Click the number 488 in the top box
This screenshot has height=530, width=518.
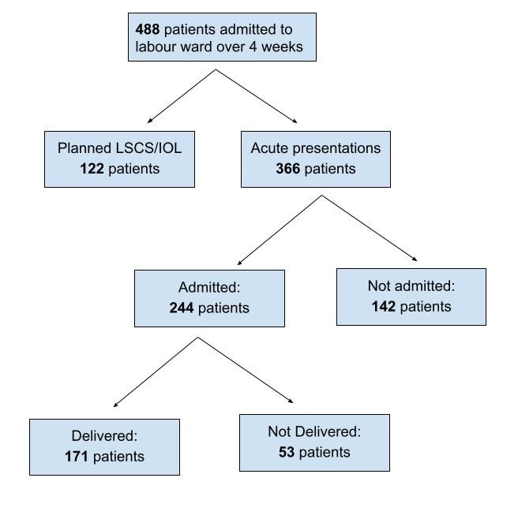tap(148, 29)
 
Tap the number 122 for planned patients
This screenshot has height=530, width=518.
tap(92, 169)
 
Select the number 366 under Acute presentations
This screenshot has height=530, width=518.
tap(288, 169)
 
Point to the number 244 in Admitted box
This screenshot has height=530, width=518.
tap(182, 308)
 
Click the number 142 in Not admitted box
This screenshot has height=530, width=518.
tap(384, 307)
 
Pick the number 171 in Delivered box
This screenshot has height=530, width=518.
tap(77, 457)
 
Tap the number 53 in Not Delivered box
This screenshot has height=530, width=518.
tap(287, 452)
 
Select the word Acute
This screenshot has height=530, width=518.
tap(269, 148)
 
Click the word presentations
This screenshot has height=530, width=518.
tap(336, 149)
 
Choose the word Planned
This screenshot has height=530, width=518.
tap(84, 148)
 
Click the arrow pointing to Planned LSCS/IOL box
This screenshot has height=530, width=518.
tap(182, 96)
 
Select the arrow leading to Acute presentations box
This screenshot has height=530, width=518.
tap(257, 96)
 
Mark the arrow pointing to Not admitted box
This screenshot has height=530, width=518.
tap(369, 228)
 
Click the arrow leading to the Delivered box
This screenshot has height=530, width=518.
tap(156, 371)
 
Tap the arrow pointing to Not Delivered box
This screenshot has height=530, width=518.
tap(246, 370)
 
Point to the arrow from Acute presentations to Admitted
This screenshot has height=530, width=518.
tap(280, 230)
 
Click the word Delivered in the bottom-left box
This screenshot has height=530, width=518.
tap(104, 436)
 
